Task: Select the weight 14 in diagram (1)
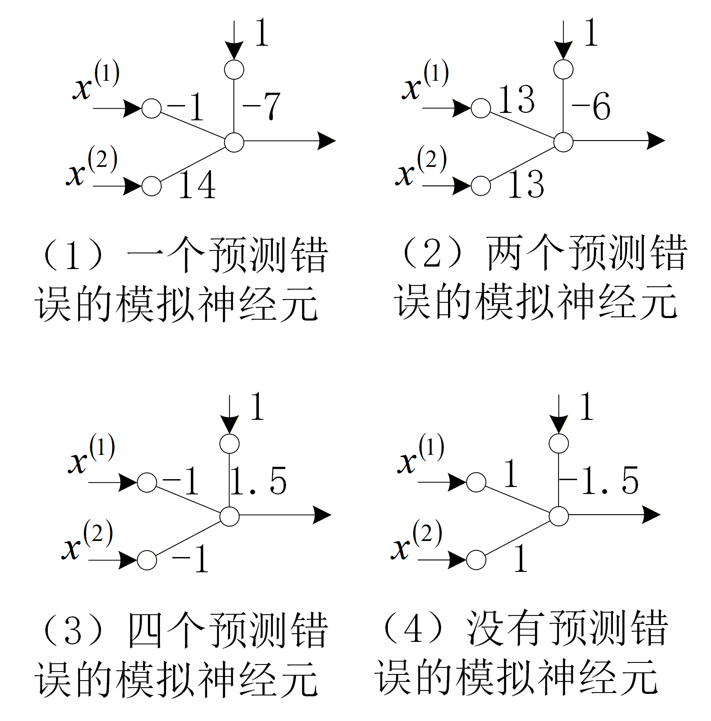coord(197,185)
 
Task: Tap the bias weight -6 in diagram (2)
coord(591,106)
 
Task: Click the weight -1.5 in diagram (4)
coord(599,480)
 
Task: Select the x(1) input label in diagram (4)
coord(421,454)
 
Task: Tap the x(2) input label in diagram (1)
coord(92,166)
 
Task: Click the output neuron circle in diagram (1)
coord(234,142)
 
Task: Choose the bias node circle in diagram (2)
coord(563,69)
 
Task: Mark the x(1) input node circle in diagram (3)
coord(147,482)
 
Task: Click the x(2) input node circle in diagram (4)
coord(476,560)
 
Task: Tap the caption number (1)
coord(73,255)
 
